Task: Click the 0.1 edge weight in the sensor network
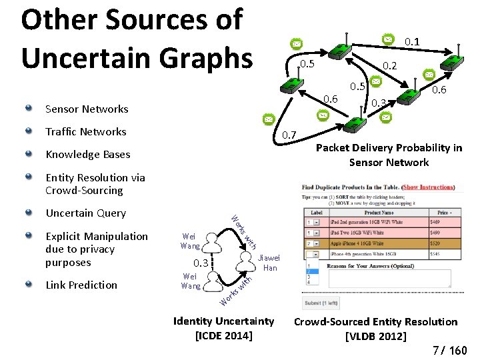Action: tap(412, 42)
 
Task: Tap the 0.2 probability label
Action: tap(389, 66)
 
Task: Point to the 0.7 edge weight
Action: tap(288, 135)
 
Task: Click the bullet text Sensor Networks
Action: tap(87, 109)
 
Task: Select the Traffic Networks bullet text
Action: tap(85, 131)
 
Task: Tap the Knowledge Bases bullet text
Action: tap(88, 154)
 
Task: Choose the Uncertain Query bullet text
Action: tap(85, 213)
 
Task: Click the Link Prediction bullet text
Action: tap(81, 285)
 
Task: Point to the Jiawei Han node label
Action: tap(269, 263)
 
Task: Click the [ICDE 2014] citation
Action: tap(223, 335)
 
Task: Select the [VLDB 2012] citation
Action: tap(375, 335)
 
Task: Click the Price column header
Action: tap(443, 213)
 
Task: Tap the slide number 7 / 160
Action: tap(449, 350)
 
